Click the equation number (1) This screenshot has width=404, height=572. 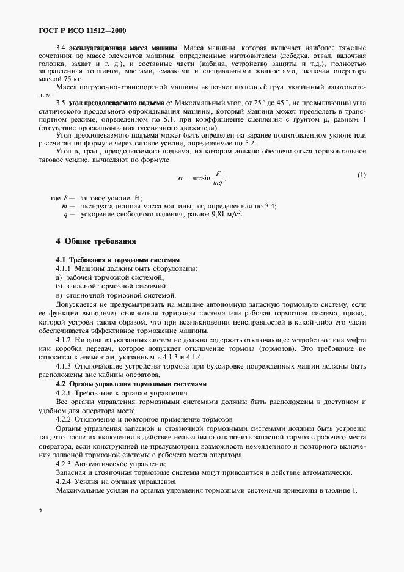361,175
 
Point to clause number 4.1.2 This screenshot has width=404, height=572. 64,339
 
